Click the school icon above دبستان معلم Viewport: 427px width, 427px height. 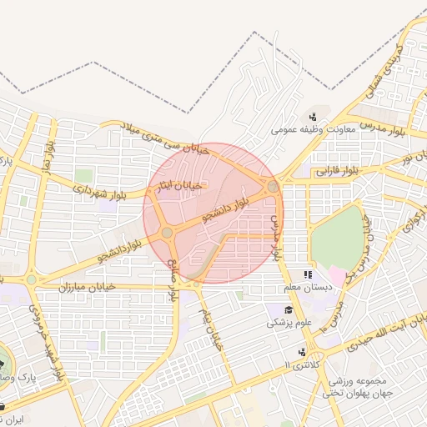pos(308,274)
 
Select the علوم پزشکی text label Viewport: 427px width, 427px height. pos(289,322)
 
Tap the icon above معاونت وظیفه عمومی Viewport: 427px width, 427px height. pos(312,116)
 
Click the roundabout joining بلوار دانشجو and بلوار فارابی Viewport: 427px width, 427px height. pos(273,186)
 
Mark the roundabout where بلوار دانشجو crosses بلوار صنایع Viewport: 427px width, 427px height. pos(168,232)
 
